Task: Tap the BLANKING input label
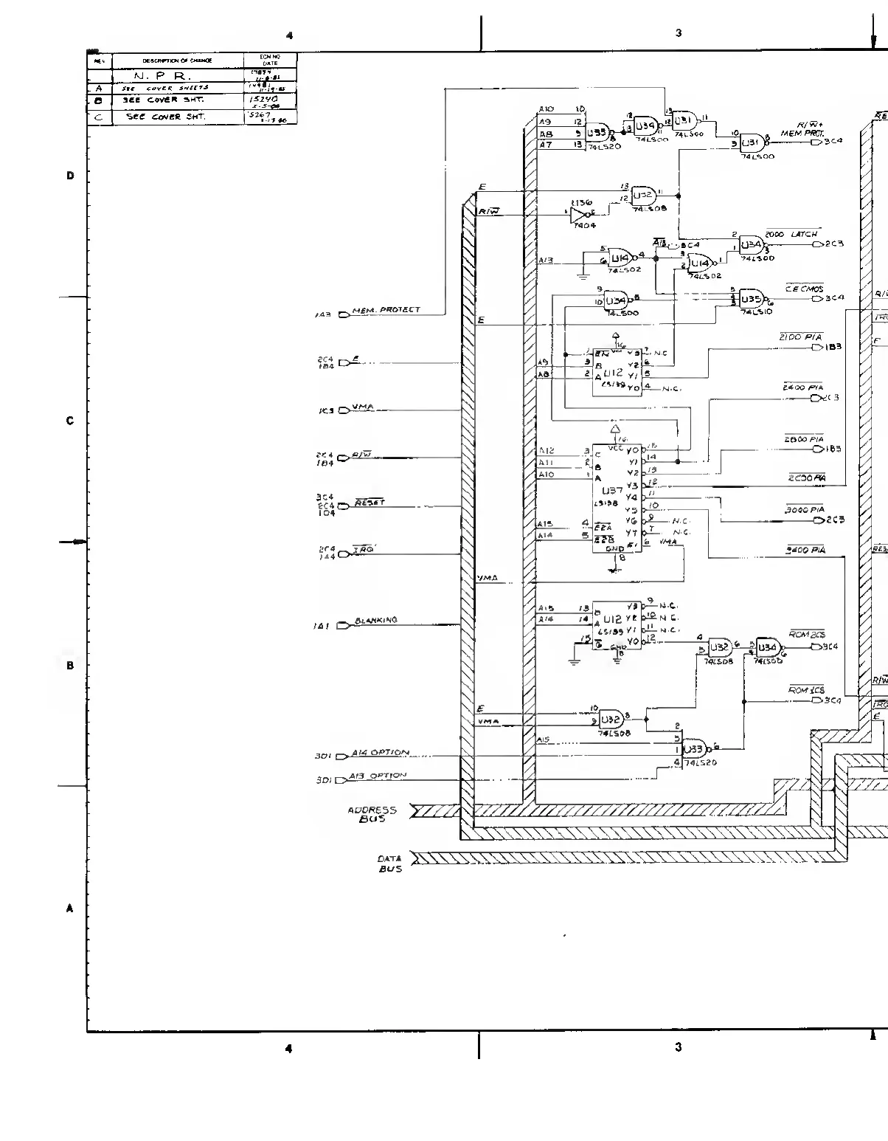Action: pos(375,621)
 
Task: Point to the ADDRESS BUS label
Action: pos(372,814)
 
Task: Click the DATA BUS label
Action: pos(389,863)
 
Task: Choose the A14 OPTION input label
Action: pos(379,753)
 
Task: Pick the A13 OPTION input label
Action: pos(378,776)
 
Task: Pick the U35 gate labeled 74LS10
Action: pos(751,299)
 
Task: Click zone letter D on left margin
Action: pos(71,176)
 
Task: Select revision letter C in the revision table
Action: pos(99,117)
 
